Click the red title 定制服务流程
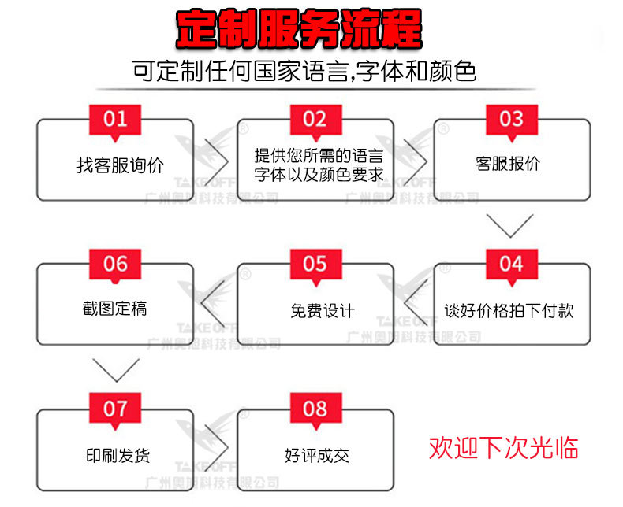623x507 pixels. click(x=299, y=30)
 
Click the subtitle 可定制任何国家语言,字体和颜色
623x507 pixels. click(x=304, y=72)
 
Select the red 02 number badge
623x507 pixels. click(x=315, y=119)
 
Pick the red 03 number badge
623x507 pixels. click(x=511, y=119)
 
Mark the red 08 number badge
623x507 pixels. click(x=315, y=409)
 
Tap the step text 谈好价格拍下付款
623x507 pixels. click(x=509, y=310)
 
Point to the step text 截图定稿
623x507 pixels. click(x=115, y=309)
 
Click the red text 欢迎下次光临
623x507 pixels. click(x=504, y=448)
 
